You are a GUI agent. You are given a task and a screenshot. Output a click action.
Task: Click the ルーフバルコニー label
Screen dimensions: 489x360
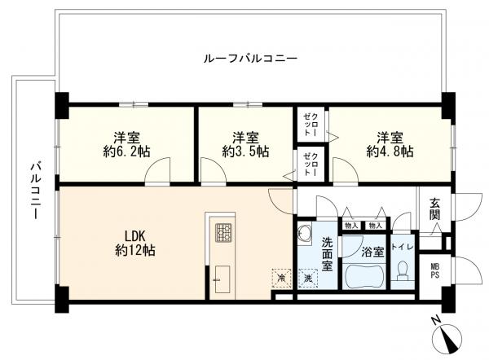pos(250,59)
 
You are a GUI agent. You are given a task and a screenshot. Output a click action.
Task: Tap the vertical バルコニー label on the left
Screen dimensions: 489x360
pos(36,191)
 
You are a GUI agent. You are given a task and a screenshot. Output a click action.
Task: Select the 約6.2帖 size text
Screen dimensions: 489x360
pos(126,151)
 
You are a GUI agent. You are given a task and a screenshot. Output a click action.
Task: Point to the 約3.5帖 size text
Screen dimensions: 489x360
pos(245,151)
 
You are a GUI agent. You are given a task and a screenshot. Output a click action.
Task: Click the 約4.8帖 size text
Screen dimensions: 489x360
pos(390,151)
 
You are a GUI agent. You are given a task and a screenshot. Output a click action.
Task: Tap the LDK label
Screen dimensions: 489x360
pos(135,236)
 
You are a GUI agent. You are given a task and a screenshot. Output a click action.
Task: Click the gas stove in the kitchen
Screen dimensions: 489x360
pos(223,233)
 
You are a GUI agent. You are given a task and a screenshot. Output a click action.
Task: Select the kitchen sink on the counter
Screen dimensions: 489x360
pos(222,279)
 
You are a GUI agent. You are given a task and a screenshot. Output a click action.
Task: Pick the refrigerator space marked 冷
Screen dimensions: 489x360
pos(282,278)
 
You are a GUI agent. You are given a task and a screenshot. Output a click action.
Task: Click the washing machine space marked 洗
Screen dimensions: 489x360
pos(308,278)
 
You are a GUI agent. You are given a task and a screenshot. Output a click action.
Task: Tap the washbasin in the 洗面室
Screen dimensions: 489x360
pos(305,233)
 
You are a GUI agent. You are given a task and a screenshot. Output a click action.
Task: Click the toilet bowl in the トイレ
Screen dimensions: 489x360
pos(403,270)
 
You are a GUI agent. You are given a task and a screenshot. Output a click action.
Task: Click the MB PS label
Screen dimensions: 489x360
pos(434,271)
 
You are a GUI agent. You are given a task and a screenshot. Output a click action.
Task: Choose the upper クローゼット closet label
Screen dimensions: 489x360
pos(311,125)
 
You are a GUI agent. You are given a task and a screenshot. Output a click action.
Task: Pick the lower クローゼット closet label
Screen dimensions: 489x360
pos(311,164)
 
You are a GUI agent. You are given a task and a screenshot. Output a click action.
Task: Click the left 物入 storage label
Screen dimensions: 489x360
pos(352,226)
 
